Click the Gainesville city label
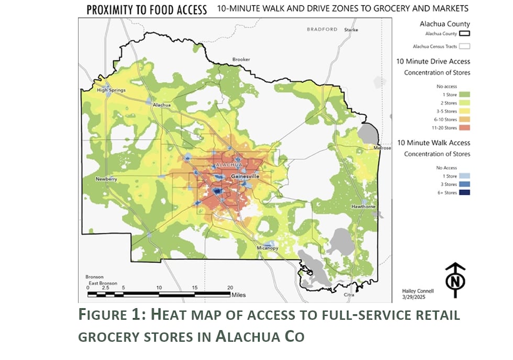[x=245, y=177]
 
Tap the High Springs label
[x=111, y=90]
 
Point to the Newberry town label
[x=106, y=179]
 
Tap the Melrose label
[x=383, y=148]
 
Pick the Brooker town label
[x=241, y=60]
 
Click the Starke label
[x=351, y=30]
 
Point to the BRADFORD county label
[x=322, y=29]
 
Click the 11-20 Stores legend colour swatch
[x=462, y=127]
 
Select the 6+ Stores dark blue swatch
[x=462, y=192]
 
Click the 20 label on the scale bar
[x=230, y=288]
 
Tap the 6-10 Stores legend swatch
[x=462, y=119]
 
